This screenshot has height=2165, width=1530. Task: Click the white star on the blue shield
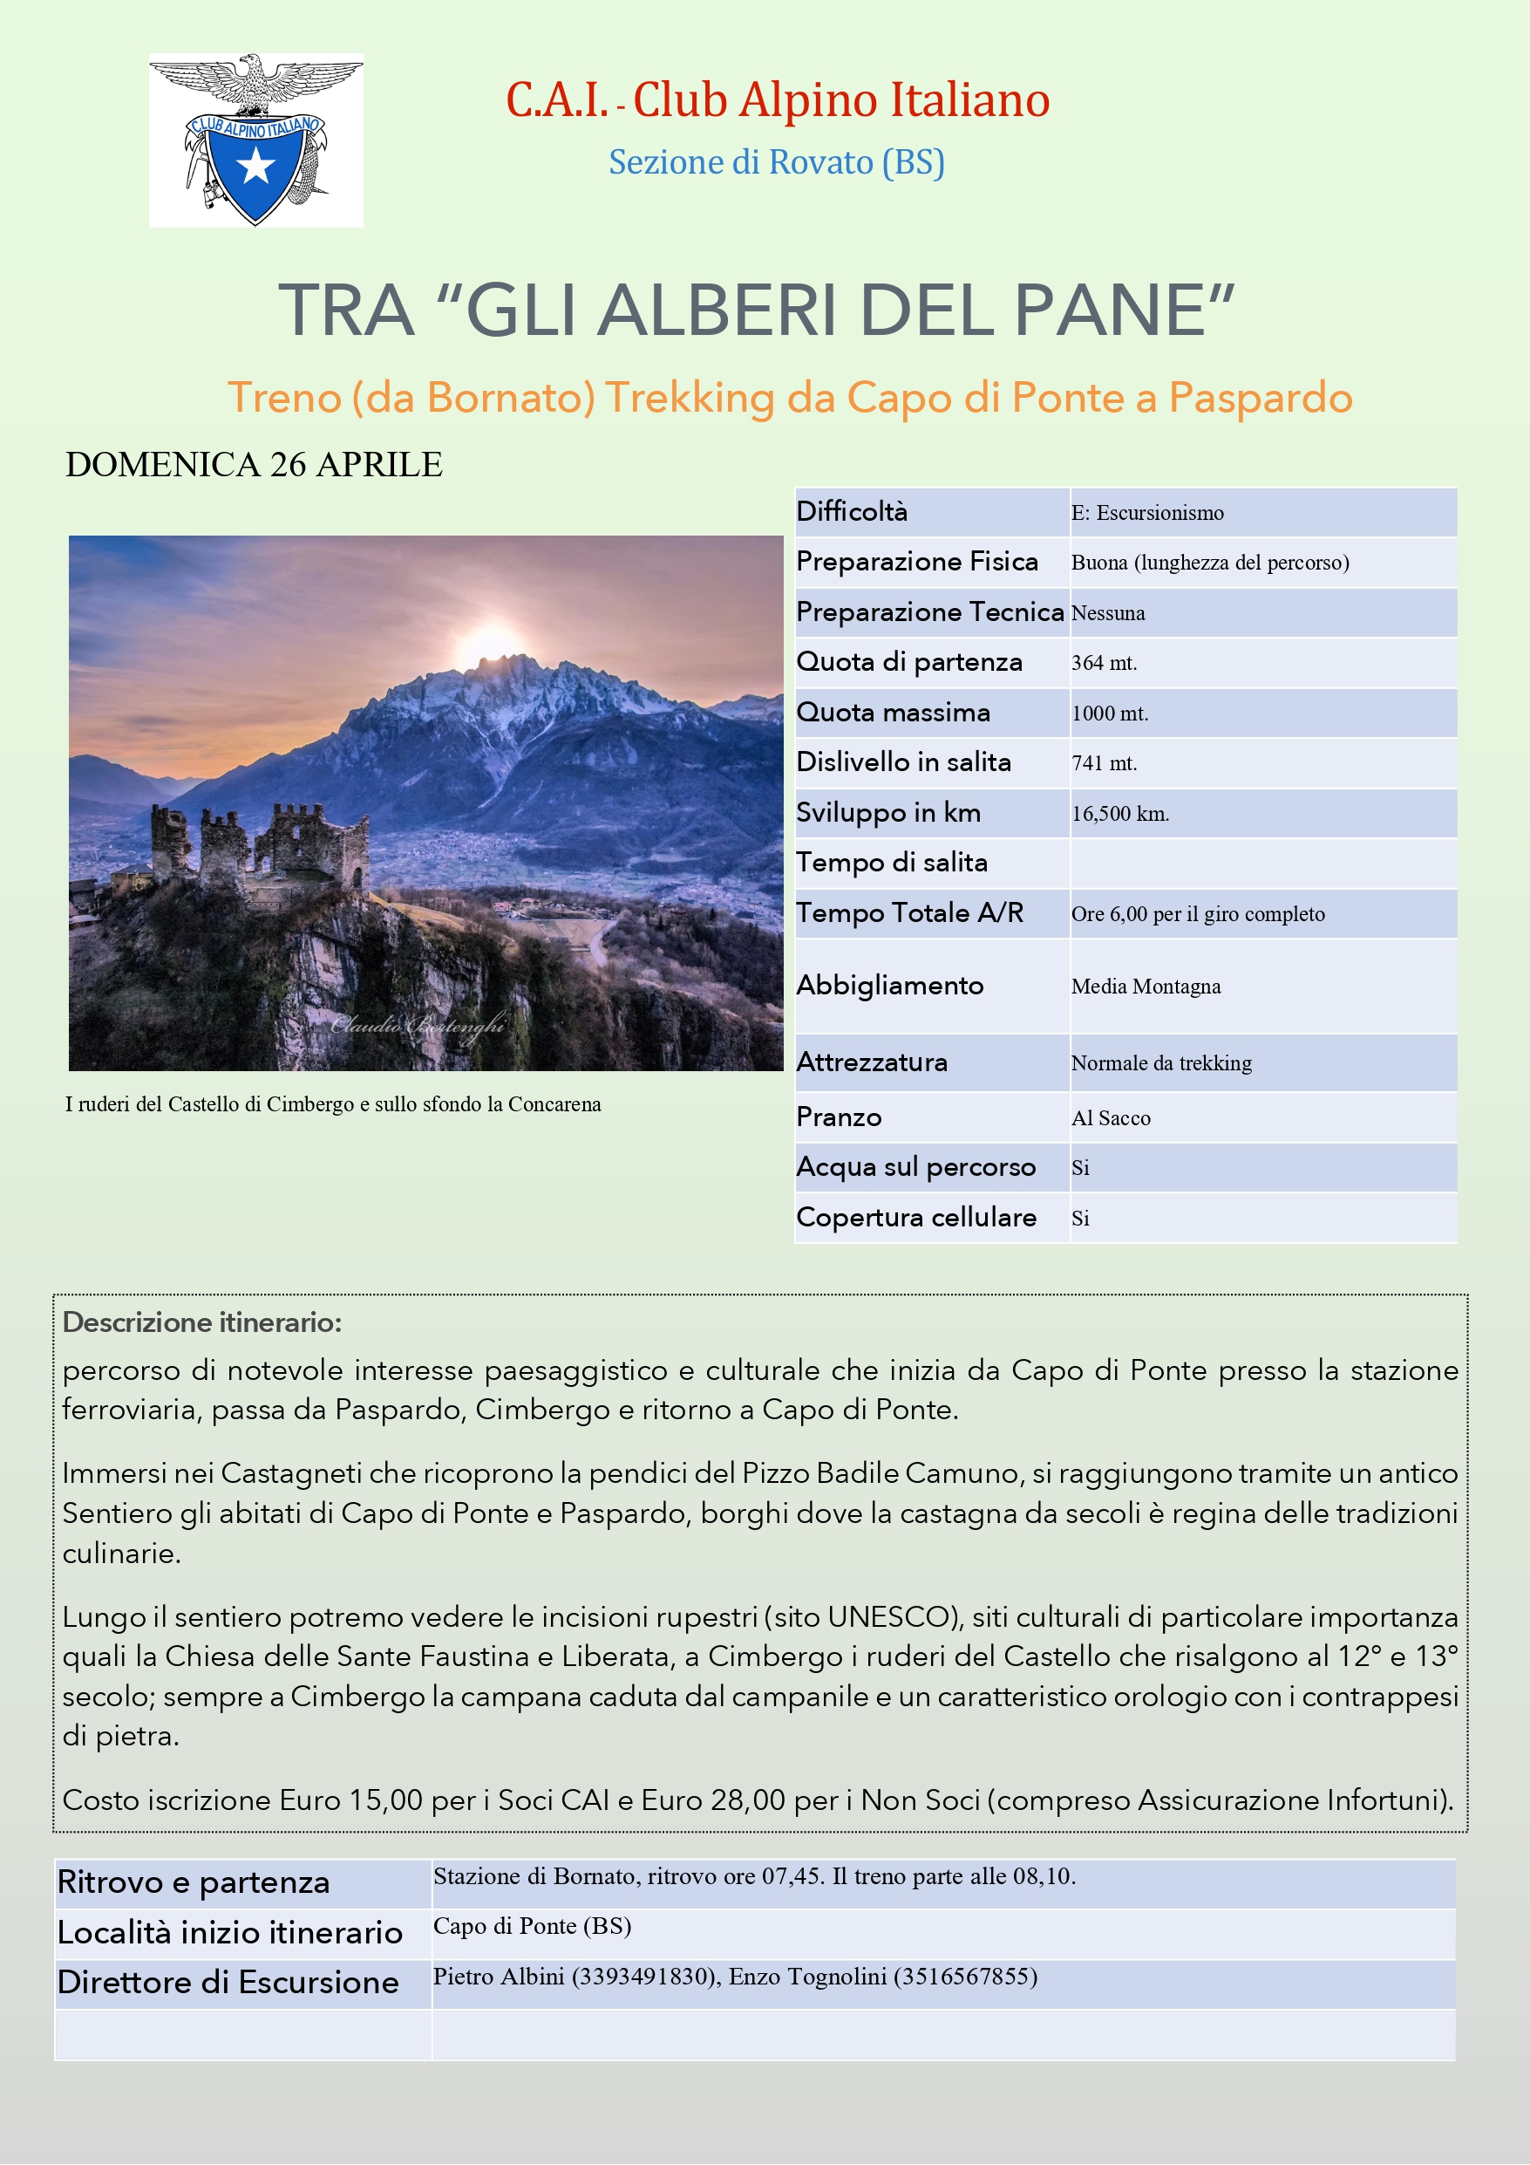point(255,167)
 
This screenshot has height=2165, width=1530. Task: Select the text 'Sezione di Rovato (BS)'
point(776,162)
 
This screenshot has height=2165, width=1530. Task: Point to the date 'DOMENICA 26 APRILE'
point(254,465)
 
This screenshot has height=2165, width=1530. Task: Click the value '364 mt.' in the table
point(1104,663)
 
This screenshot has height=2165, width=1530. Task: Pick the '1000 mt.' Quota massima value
point(1110,713)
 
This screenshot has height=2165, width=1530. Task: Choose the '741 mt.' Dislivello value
point(1104,763)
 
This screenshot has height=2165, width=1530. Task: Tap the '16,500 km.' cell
point(1120,814)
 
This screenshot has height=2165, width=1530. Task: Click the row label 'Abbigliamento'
point(889,986)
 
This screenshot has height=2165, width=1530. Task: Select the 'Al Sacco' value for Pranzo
point(1111,1118)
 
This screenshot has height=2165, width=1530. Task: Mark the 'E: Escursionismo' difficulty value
point(1147,513)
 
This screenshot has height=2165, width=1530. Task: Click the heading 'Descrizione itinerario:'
point(201,1322)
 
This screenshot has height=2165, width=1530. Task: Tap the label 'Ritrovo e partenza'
point(194,1882)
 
